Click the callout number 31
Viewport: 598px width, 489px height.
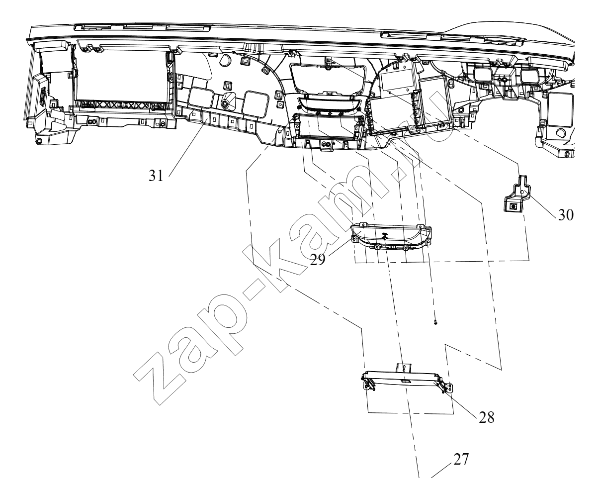click(156, 176)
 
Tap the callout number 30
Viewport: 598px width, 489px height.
click(566, 215)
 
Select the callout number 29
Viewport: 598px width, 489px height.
click(317, 259)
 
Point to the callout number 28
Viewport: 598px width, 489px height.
click(487, 417)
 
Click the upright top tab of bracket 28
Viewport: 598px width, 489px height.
click(404, 368)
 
